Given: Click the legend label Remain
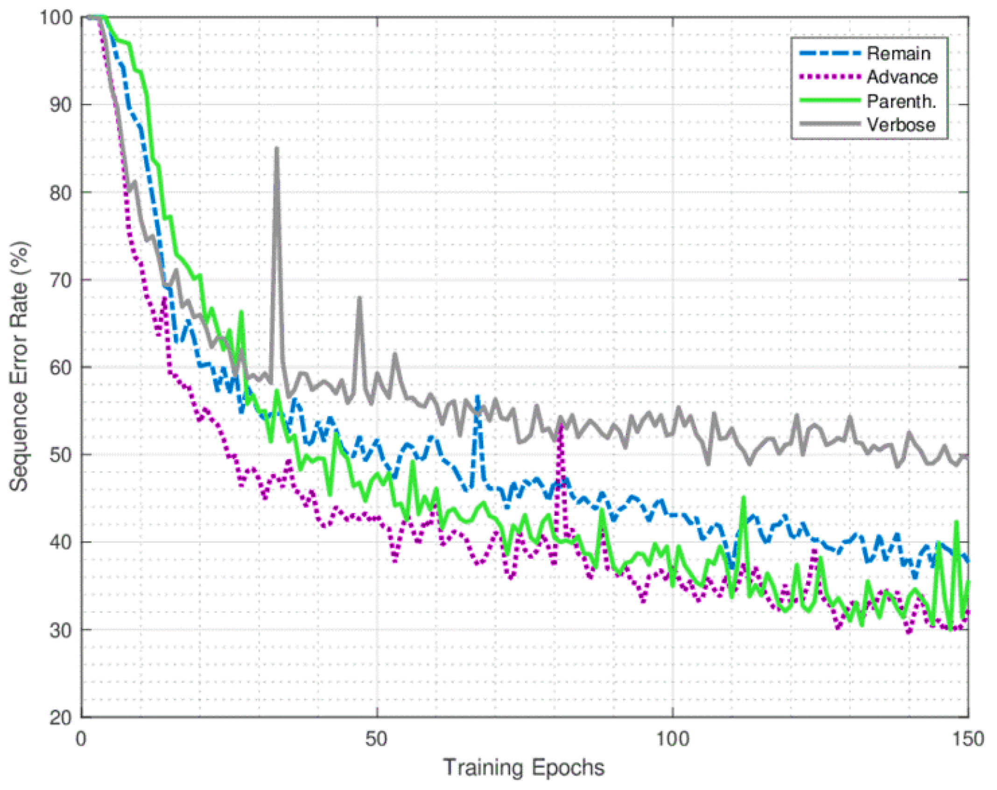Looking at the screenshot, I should [898, 53].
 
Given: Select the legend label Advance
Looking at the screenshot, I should [902, 77].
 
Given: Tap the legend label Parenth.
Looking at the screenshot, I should [901, 101].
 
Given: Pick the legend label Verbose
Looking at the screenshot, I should [901, 125].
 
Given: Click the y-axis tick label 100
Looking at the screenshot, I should [56, 18].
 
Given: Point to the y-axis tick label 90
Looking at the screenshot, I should [61, 105].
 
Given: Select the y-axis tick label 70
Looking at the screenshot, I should [61, 280].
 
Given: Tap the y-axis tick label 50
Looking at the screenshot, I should [61, 455].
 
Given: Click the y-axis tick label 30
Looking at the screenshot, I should [61, 630].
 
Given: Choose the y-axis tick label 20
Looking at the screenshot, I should [61, 718].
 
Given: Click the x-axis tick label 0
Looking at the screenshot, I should [81, 739].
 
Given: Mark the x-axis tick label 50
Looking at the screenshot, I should [376, 739].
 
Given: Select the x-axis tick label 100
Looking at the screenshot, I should [672, 739].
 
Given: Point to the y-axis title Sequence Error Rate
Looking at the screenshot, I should [20, 366].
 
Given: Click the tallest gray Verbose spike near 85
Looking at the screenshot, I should [277, 149].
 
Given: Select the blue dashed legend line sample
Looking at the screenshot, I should [829, 53].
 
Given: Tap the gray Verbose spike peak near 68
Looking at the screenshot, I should [359, 298].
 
